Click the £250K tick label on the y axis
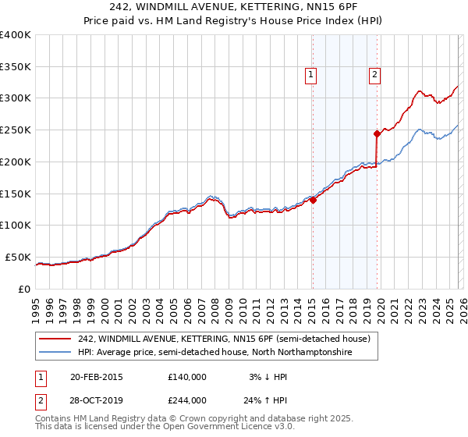coord(16,130)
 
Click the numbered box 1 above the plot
coord(311,75)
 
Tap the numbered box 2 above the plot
coord(374,75)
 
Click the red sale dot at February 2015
coord(313,200)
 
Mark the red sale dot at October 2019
coord(377,133)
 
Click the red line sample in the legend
coord(55,339)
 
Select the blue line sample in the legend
coord(55,352)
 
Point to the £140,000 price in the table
coord(186,377)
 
